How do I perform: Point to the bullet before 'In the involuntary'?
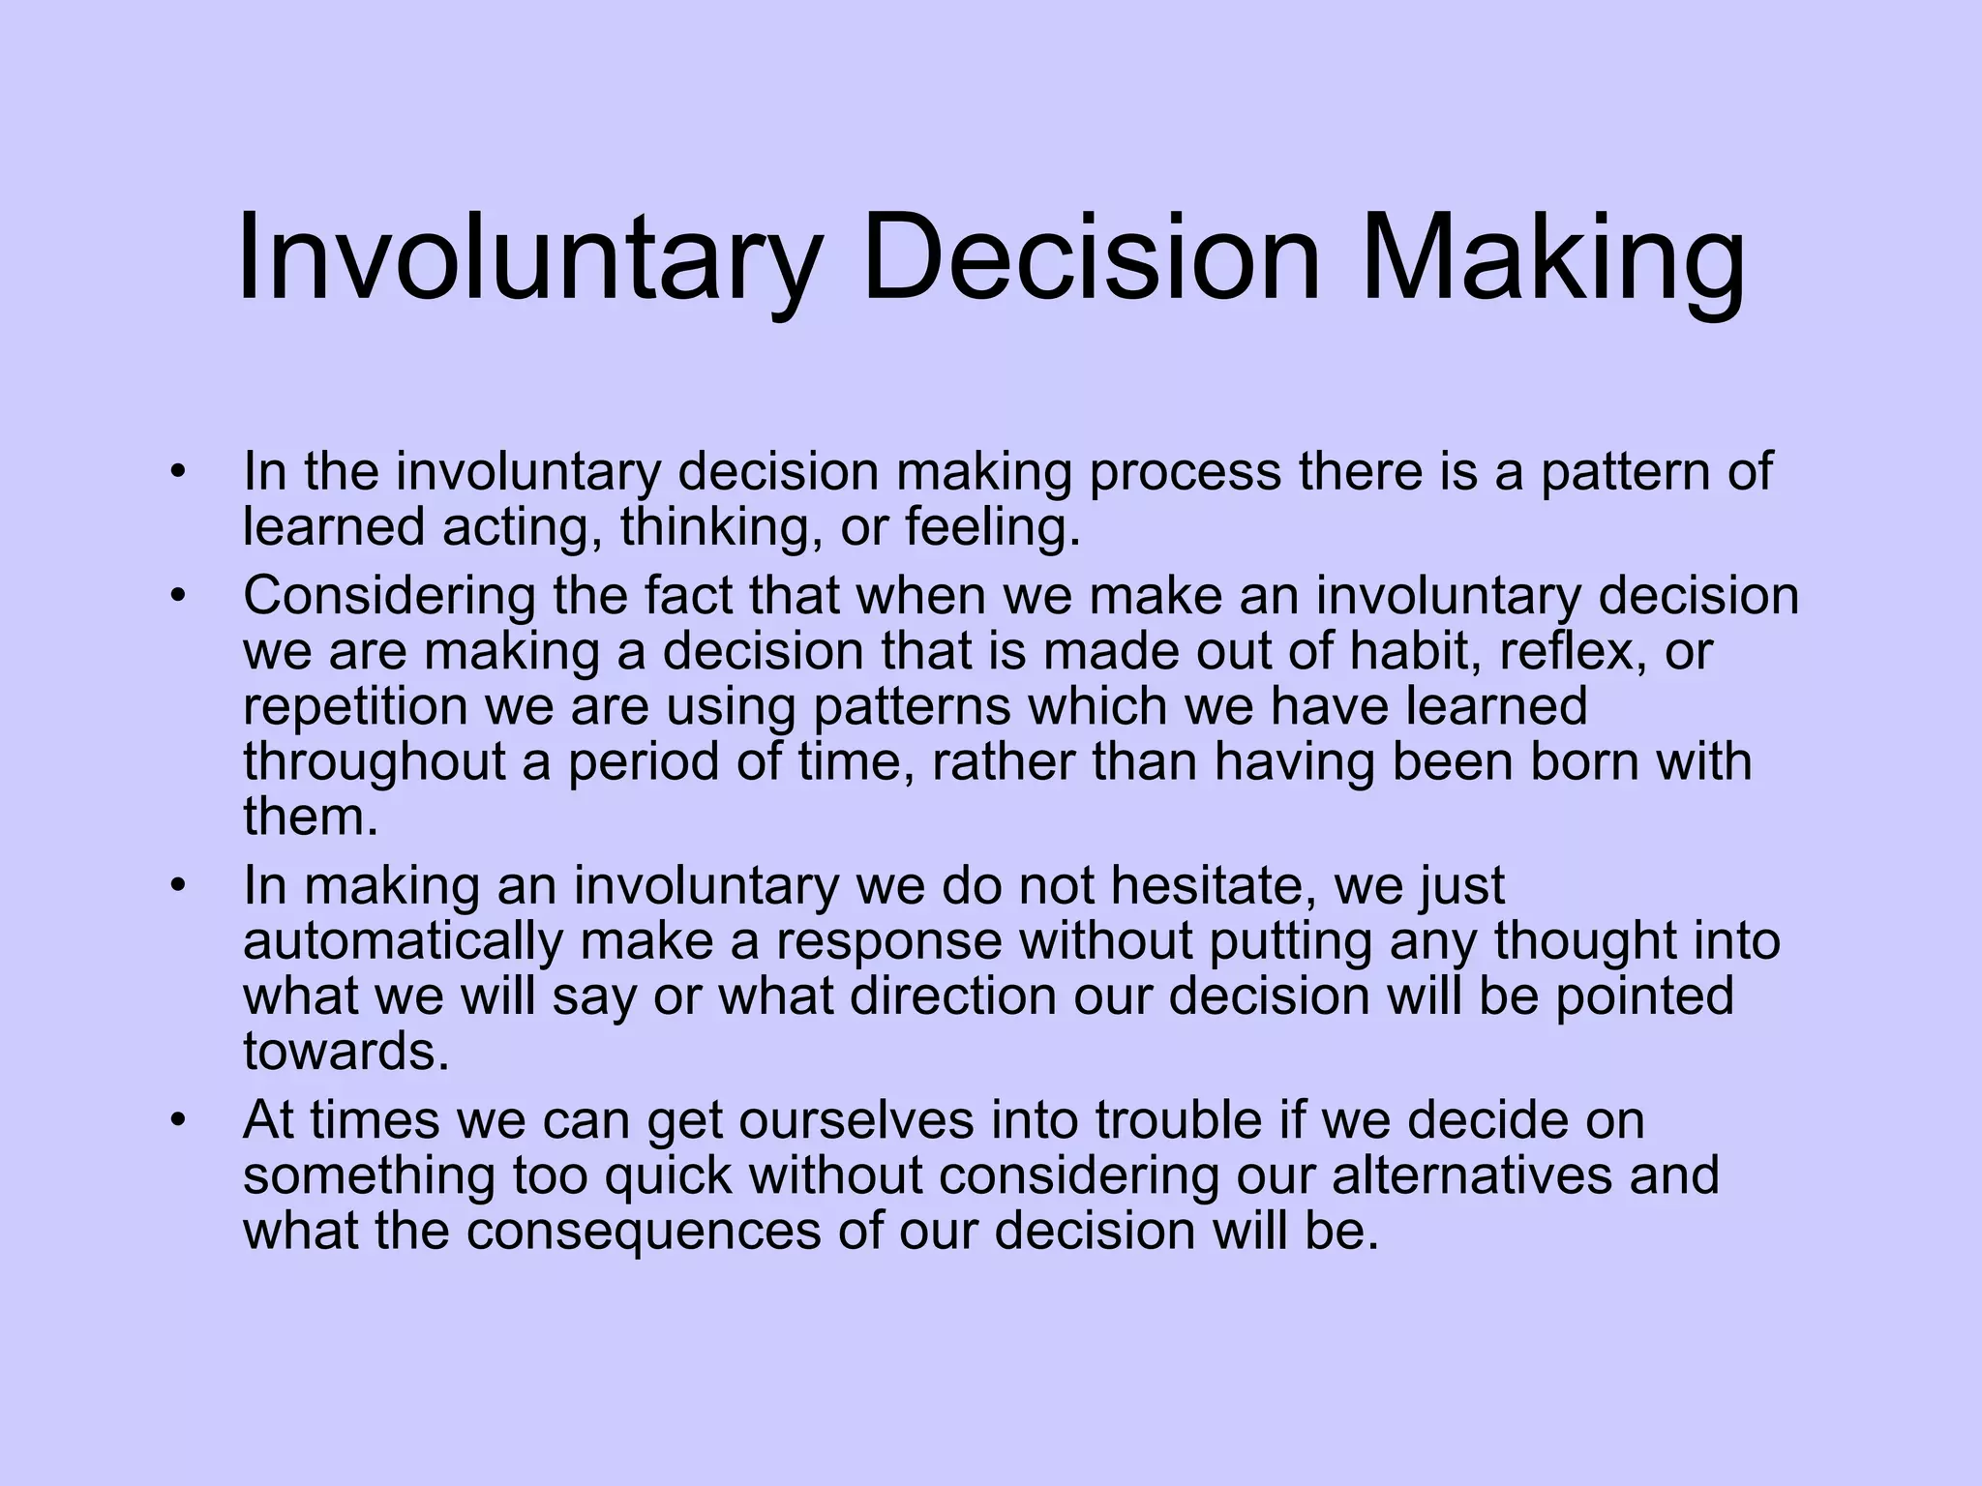coord(177,473)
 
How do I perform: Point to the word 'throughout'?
coord(375,762)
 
